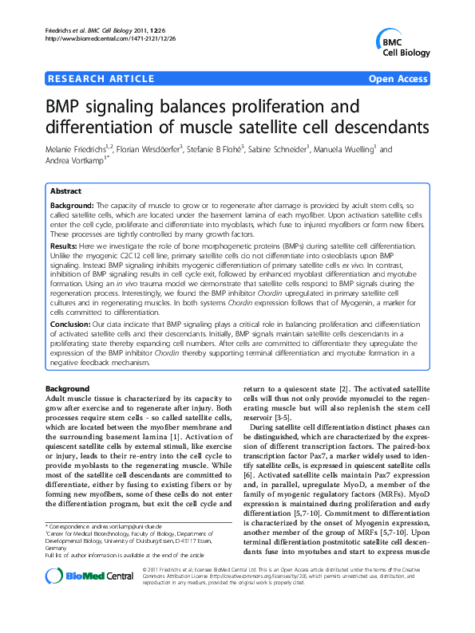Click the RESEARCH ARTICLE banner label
tap(101, 78)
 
